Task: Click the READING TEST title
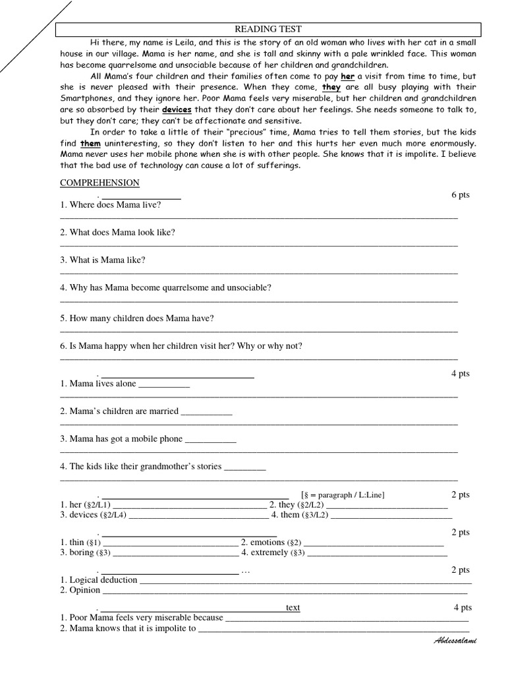point(268,29)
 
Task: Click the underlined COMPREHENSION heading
point(99,183)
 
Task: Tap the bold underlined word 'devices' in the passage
point(176,110)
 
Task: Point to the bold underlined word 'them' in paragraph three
point(90,144)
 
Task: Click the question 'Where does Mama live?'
point(111,204)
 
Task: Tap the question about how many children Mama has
point(137,318)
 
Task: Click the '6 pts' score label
point(460,195)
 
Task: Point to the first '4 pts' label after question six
point(460,373)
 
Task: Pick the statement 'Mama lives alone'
point(98,384)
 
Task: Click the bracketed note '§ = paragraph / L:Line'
point(343,494)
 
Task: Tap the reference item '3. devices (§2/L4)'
point(94,515)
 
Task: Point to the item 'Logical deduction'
point(99,579)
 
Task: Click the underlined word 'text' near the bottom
point(293,607)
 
